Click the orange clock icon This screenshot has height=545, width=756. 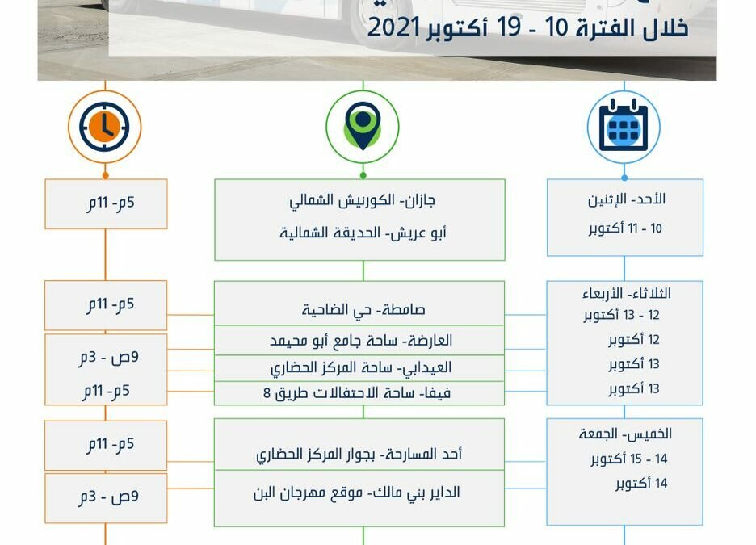(x=105, y=126)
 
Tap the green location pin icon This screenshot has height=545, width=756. (x=363, y=126)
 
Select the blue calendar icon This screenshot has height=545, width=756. (x=624, y=127)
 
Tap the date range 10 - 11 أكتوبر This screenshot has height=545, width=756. (x=624, y=228)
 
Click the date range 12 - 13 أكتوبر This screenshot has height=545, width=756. (x=621, y=315)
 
